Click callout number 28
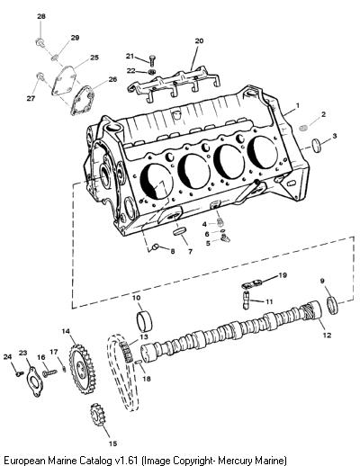[x=41, y=16]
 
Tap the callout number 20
[x=199, y=40]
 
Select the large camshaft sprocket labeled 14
[x=82, y=368]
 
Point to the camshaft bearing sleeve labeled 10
[x=145, y=321]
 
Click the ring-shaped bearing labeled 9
[x=333, y=305]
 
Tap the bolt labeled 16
[x=49, y=373]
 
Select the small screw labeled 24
[x=20, y=373]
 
